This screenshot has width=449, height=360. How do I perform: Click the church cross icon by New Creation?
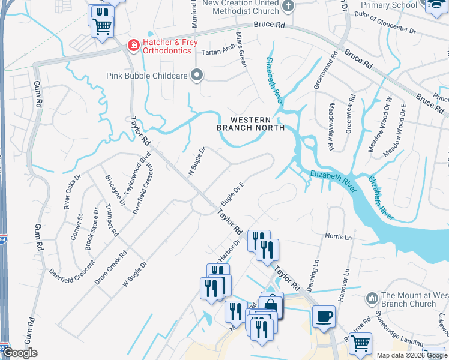(288, 7)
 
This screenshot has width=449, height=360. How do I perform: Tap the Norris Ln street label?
(339, 236)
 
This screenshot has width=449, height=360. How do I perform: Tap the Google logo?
(20, 353)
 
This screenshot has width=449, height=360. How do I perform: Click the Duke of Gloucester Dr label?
(387, 25)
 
